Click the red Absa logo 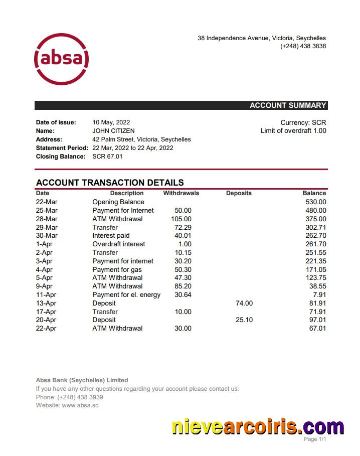[61, 59]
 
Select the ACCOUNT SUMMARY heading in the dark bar [288, 105]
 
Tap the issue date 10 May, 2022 [111, 122]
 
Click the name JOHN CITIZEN [113, 131]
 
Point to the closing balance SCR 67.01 [107, 157]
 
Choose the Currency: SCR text [303, 122]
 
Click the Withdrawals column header [181, 193]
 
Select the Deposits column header [239, 193]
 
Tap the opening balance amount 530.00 [315, 202]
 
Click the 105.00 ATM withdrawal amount [181, 219]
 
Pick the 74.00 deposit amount [244, 303]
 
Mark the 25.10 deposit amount [244, 320]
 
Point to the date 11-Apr [46, 294]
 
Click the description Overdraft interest [119, 244]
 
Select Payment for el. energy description [126, 294]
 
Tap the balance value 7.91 [319, 294]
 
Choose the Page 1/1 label [315, 439]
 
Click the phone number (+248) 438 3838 [303, 46]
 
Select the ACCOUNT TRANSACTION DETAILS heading [110, 183]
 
